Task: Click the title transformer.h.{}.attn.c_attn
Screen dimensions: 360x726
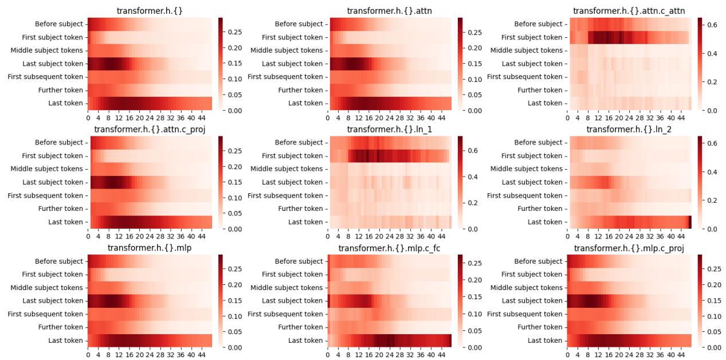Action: tap(629, 11)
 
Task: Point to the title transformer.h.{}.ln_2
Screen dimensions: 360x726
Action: tap(629, 130)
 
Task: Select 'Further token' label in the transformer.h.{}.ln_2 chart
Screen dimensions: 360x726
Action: tap(540, 209)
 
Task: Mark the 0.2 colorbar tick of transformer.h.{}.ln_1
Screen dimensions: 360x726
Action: tap(473, 203)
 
